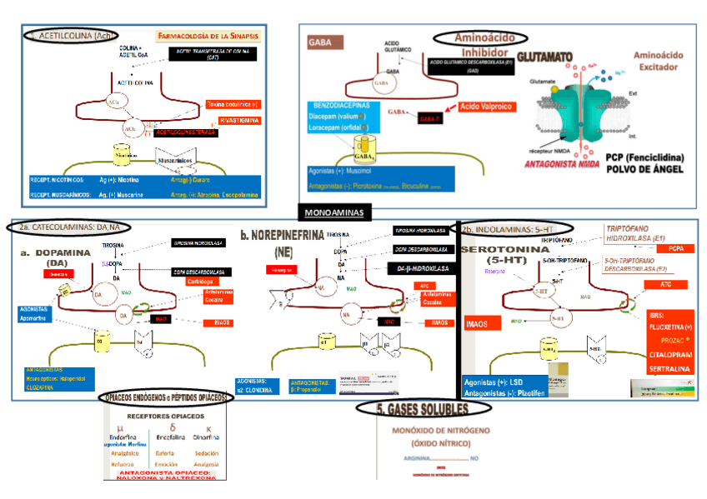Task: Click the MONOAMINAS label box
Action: point(333,213)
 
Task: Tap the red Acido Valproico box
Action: point(488,107)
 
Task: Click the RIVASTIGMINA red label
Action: point(234,120)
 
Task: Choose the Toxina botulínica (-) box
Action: point(232,104)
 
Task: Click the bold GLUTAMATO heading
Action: point(545,57)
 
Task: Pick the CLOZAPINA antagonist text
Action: point(46,387)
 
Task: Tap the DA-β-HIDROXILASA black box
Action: point(424,268)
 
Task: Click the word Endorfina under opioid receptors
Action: point(122,436)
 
